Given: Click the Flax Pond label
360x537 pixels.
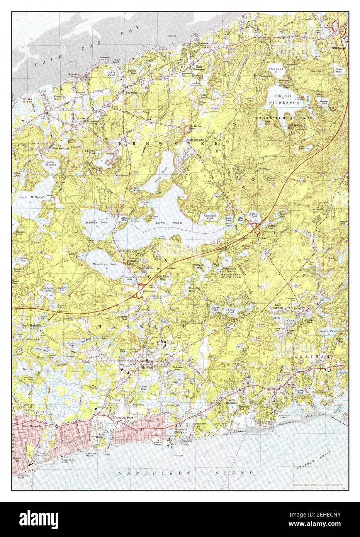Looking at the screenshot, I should pyautogui.click(x=276, y=69).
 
